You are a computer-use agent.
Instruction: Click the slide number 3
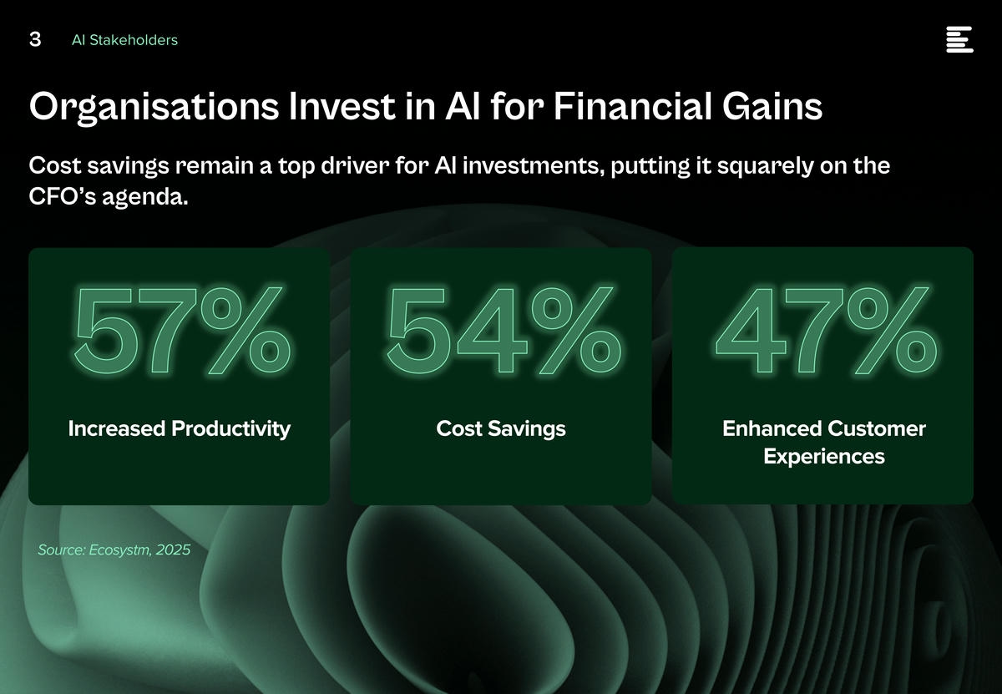click(x=35, y=39)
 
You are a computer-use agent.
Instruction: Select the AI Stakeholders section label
click(x=124, y=40)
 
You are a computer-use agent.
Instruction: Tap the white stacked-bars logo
click(x=959, y=39)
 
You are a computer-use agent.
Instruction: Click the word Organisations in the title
click(x=154, y=108)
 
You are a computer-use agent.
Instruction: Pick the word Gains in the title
click(x=772, y=107)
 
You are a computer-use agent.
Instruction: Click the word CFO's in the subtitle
click(x=62, y=196)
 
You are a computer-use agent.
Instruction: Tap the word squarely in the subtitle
click(x=766, y=167)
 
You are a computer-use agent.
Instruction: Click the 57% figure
click(x=182, y=330)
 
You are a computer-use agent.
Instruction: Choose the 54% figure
click(x=504, y=330)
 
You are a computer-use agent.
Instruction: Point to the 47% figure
click(x=826, y=330)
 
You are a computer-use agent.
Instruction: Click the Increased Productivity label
click(x=180, y=429)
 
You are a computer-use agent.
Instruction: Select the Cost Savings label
click(x=501, y=429)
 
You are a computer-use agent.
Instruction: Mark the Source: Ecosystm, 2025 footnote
click(x=114, y=550)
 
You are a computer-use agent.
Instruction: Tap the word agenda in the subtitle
click(x=145, y=198)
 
